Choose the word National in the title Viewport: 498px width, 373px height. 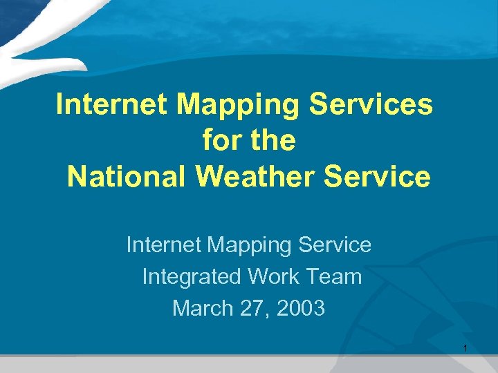pos(127,177)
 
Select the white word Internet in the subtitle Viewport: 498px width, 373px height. pos(164,245)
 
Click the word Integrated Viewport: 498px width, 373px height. pos(192,276)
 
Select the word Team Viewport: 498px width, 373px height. pos(333,276)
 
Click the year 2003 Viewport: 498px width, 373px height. pos(299,308)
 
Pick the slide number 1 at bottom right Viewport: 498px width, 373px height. pos(465,347)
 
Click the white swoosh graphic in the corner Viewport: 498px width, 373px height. pos(41,35)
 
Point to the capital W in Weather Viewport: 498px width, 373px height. pos(209,177)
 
